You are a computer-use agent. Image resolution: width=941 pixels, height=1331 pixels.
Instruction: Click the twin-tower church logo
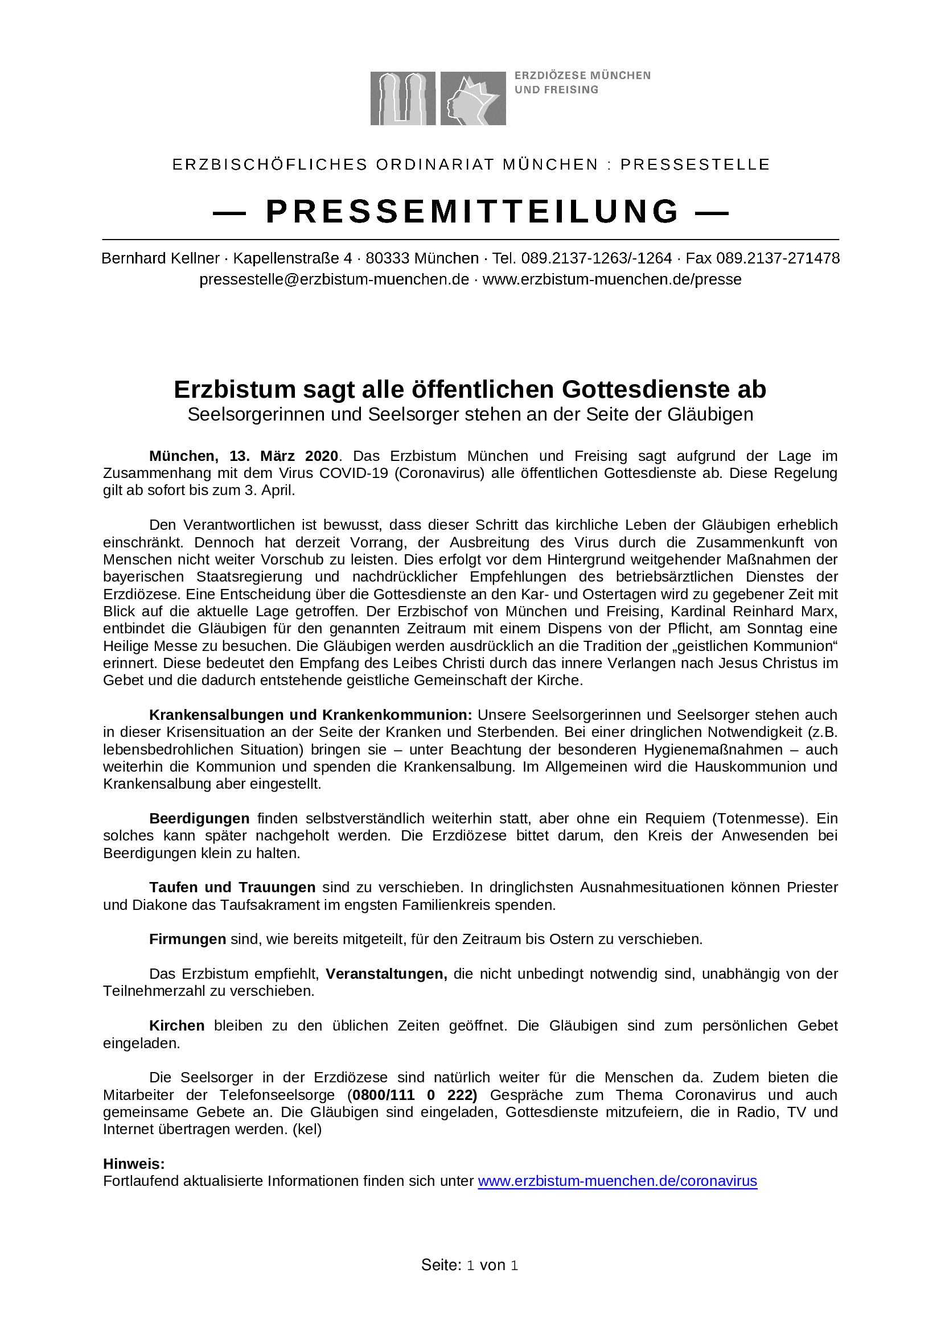(402, 98)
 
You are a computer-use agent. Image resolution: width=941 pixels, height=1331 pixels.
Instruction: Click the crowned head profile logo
(472, 98)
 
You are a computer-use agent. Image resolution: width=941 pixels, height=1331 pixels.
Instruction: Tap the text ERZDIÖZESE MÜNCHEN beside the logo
(582, 76)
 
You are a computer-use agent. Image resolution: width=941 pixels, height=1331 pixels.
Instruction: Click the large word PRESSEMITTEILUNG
(472, 212)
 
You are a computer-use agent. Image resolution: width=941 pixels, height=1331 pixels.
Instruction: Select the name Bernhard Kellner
(161, 258)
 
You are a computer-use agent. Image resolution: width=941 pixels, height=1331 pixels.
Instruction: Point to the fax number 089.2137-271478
(778, 258)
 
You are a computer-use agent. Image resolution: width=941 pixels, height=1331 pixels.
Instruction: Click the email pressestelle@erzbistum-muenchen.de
(334, 279)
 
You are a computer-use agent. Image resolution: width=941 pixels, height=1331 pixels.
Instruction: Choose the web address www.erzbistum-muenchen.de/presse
(612, 279)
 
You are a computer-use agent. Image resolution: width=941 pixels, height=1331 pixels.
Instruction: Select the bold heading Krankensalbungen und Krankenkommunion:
(311, 715)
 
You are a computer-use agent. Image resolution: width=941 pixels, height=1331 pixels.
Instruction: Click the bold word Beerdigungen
(199, 818)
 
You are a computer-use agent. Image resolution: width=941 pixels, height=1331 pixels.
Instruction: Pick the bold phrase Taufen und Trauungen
(232, 888)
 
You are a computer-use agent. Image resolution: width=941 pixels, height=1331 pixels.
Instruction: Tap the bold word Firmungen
(187, 939)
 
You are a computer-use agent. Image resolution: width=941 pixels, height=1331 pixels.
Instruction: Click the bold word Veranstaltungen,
(386, 974)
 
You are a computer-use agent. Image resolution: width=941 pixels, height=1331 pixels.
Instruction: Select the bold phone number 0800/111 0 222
(414, 1095)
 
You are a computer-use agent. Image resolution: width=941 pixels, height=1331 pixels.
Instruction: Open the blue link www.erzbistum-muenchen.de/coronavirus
(618, 1181)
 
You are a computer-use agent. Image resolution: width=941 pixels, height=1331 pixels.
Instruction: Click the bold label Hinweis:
(134, 1164)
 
